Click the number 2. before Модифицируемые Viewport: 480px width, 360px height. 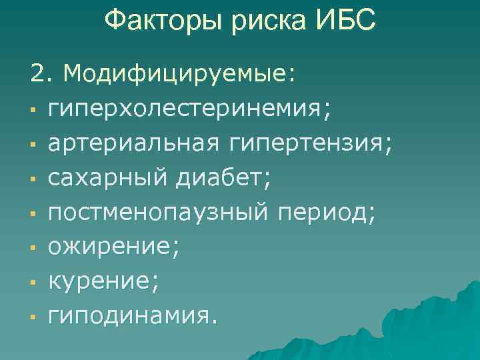pos(42,73)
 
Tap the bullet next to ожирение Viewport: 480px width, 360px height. pos(33,249)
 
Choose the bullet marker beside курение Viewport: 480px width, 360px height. pos(33,284)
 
